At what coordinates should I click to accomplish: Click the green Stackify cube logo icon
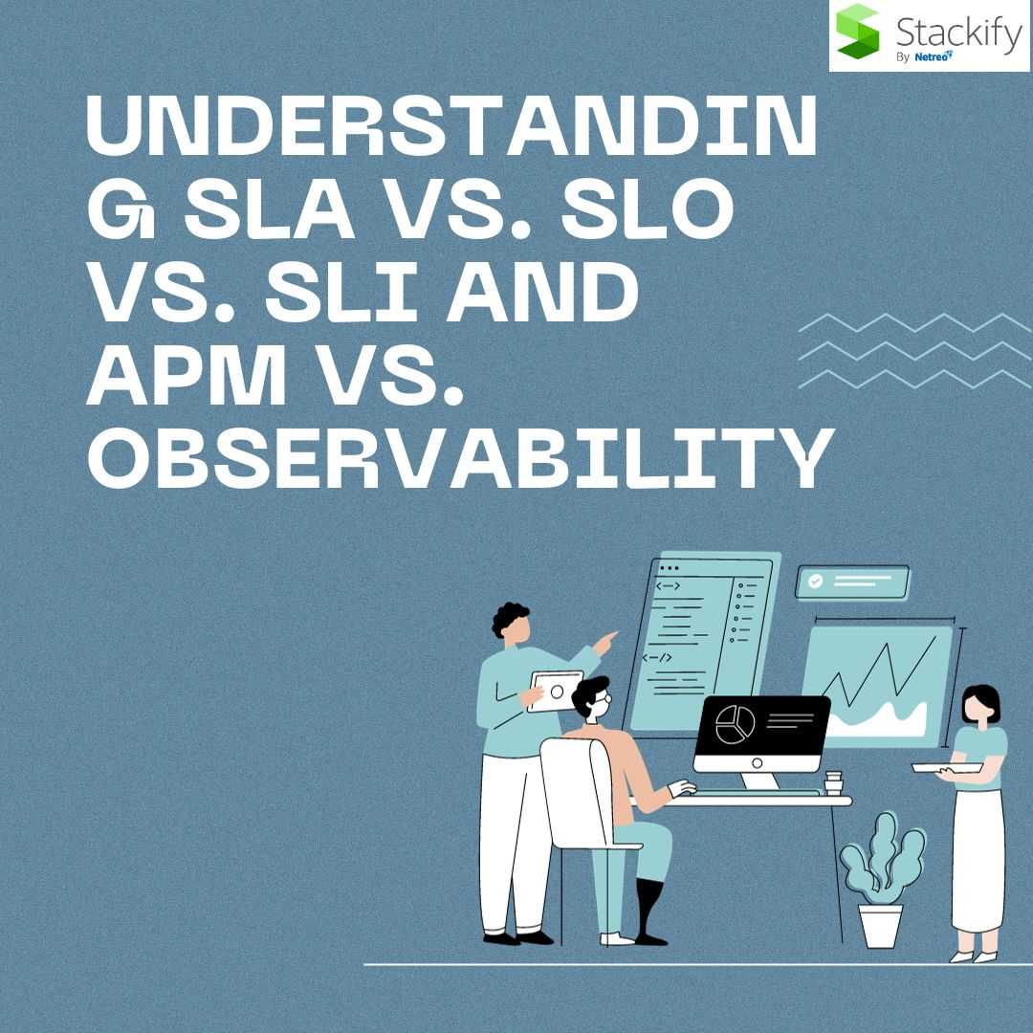pos(857,31)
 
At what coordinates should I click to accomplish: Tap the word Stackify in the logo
pos(958,32)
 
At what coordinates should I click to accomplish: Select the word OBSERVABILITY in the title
pos(460,456)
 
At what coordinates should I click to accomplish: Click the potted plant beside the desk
pos(882,880)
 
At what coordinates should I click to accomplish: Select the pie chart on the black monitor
pos(735,724)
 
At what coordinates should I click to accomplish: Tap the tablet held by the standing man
pos(555,692)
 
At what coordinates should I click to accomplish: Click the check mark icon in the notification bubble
pos(816,582)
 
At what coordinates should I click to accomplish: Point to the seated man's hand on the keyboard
pos(682,788)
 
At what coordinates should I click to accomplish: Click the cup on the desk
pos(833,783)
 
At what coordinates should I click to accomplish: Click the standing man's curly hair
pos(509,618)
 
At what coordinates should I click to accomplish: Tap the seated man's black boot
pos(649,912)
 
